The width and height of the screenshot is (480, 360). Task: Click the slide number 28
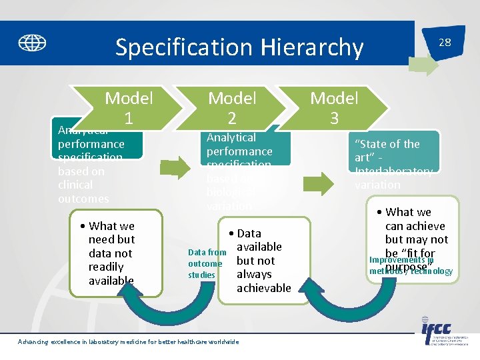click(444, 42)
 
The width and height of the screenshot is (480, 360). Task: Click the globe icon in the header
click(32, 43)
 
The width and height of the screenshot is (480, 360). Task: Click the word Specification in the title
click(180, 47)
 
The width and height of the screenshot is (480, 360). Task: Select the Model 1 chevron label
click(129, 108)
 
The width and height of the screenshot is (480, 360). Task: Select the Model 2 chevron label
click(232, 108)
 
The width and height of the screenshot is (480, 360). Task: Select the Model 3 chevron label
click(334, 108)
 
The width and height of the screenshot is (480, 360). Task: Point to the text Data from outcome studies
click(207, 263)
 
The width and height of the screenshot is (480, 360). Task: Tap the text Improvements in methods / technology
click(411, 265)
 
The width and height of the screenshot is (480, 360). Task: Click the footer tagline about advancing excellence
click(128, 342)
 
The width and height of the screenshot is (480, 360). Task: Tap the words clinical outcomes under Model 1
click(83, 192)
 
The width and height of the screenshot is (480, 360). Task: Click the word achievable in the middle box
click(264, 288)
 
